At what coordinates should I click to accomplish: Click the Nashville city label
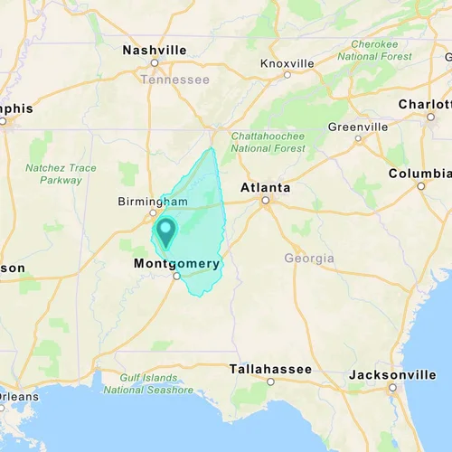tap(155, 50)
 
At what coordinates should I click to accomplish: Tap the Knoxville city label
tap(287, 63)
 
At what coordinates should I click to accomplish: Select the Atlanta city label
tap(265, 187)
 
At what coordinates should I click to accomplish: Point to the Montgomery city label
tap(176, 264)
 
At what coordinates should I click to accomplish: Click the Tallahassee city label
tap(270, 369)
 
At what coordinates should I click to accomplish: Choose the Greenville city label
tap(358, 127)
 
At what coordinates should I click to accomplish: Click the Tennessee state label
tap(174, 80)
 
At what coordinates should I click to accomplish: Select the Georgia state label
tap(309, 259)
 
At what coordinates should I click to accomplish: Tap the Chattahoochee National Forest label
tap(268, 142)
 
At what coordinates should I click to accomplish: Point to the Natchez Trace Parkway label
tap(61, 174)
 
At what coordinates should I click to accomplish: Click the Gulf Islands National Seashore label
tap(148, 383)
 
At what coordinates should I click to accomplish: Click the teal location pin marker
tap(165, 231)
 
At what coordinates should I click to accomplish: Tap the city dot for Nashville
tap(155, 62)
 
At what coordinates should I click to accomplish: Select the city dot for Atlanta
tap(265, 200)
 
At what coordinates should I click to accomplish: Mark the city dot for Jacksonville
tap(392, 387)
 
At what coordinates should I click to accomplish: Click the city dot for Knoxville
tap(287, 75)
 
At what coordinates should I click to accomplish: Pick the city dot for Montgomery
tap(176, 277)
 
